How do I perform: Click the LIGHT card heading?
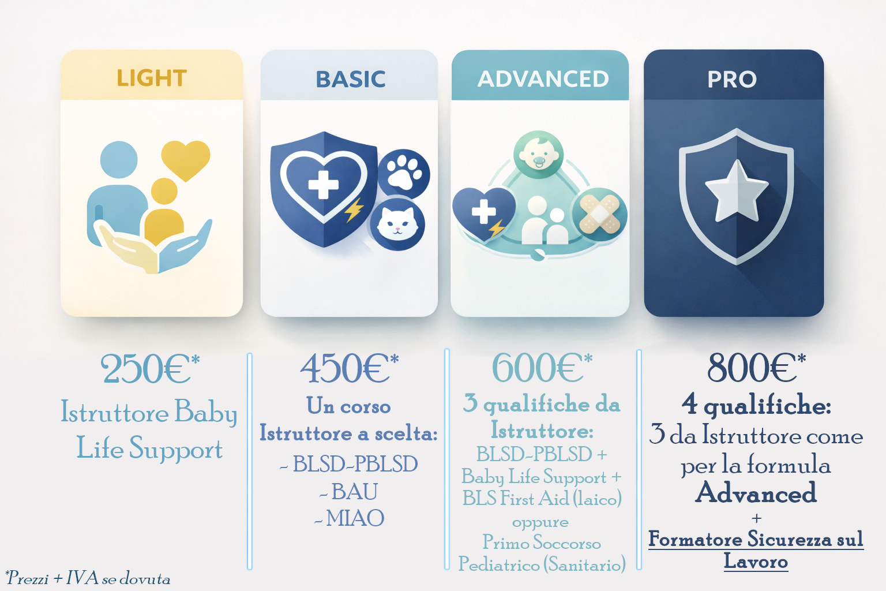(x=152, y=78)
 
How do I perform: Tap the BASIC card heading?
(x=351, y=79)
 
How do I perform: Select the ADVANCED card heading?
(x=543, y=79)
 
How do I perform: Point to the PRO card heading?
(x=732, y=79)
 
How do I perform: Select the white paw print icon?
(x=404, y=173)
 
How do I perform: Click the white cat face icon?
(x=397, y=224)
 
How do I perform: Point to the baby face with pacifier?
(x=538, y=154)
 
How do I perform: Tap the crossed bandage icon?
(x=599, y=214)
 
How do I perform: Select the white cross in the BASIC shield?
(x=324, y=185)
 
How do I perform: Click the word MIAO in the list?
(x=355, y=518)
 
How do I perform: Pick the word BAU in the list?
(x=354, y=491)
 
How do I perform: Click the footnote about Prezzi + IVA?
(x=88, y=578)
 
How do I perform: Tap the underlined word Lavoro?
(x=756, y=561)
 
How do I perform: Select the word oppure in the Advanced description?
(x=540, y=522)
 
